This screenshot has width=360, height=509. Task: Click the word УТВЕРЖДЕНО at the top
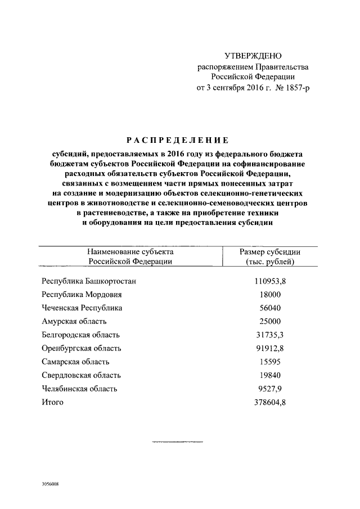(253, 56)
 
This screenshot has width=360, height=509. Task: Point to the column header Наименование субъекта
(130, 252)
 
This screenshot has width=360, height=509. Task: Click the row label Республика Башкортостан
(89, 281)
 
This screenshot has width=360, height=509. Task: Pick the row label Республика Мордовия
(82, 294)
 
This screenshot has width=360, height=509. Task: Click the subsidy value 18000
(269, 294)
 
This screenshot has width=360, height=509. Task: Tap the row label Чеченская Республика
(82, 308)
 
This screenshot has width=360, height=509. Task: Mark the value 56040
(269, 308)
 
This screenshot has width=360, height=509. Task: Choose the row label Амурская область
(74, 321)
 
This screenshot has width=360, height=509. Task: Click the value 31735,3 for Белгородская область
(269, 335)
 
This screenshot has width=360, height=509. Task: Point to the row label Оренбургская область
(81, 348)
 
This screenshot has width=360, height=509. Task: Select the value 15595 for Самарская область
(269, 362)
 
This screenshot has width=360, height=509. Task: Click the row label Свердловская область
(81, 375)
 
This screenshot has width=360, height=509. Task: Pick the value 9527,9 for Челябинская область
(269, 389)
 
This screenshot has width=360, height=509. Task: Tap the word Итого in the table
(53, 402)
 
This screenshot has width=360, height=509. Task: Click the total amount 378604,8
(269, 402)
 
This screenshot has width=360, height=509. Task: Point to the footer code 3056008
(50, 484)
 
